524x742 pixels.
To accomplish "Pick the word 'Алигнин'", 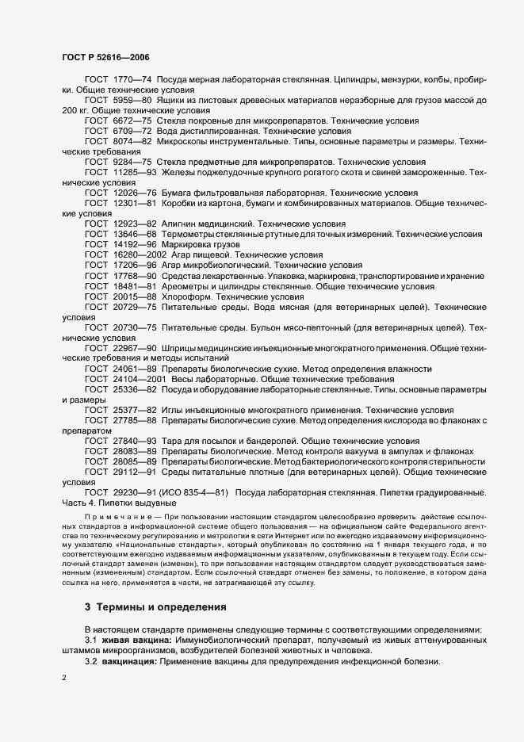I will click(x=189, y=223).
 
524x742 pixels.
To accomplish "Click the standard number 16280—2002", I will click(x=140, y=255).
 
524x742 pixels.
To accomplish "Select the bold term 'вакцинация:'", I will click(x=131, y=661).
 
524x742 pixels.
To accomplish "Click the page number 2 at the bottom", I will click(x=64, y=679).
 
